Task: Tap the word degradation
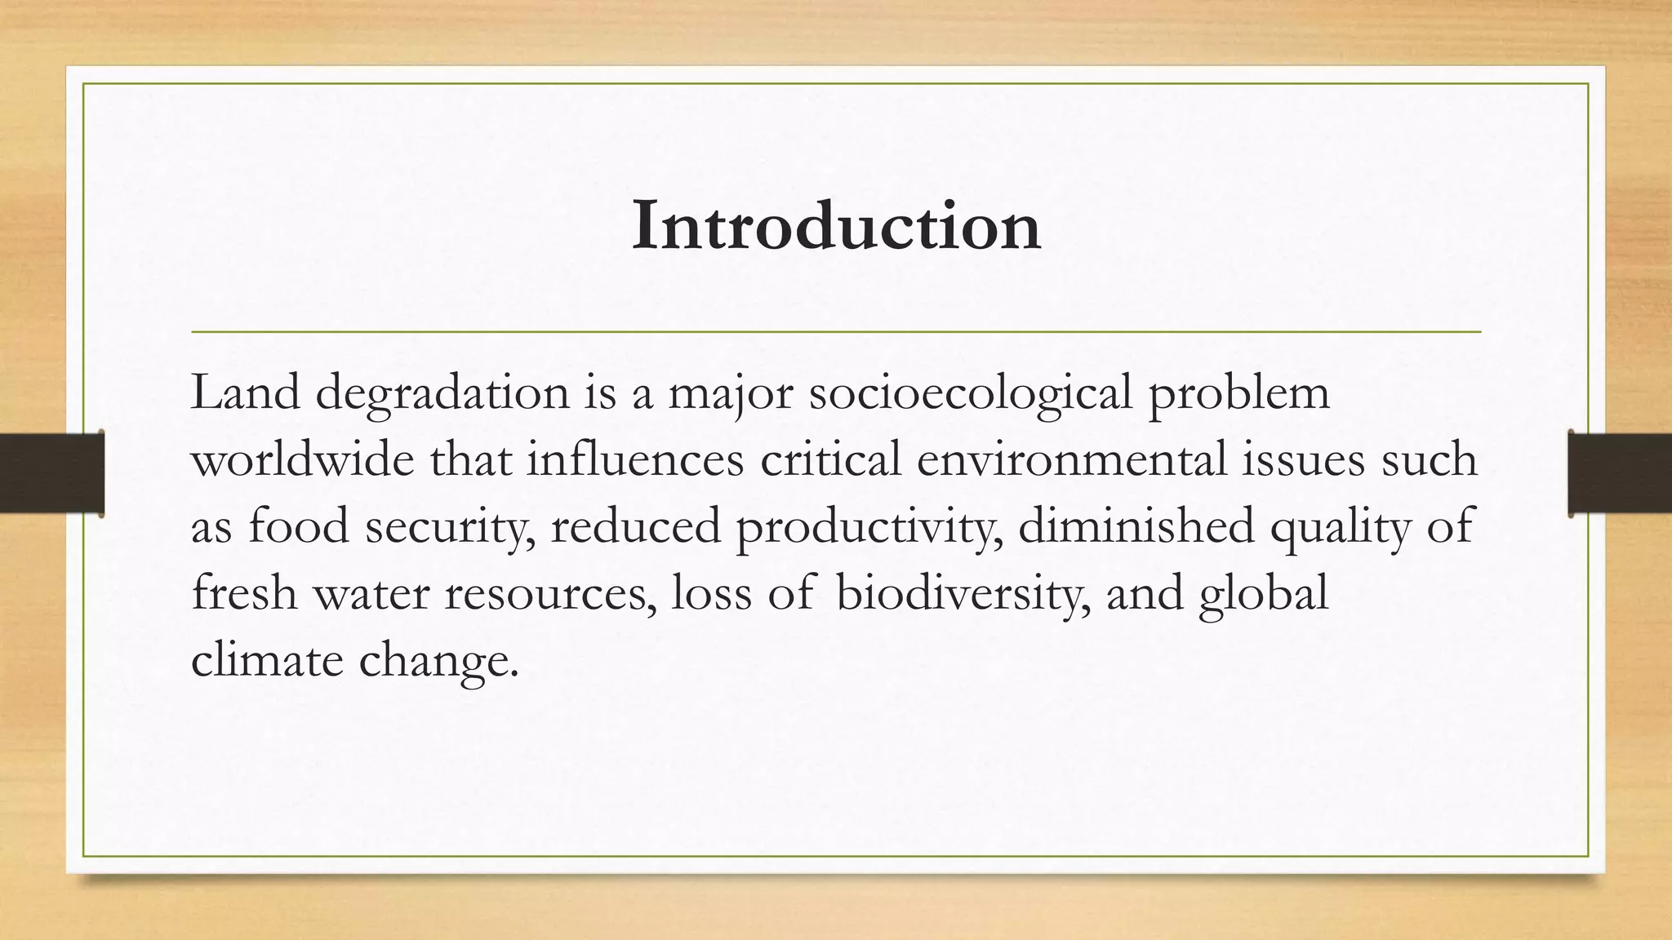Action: [442, 394]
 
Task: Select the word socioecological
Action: [971, 394]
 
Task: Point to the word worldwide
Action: [303, 460]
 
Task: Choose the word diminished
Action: [1136, 526]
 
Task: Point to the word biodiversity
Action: [963, 594]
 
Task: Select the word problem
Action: [1238, 394]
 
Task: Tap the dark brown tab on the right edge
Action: [1620, 473]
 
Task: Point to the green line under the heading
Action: [836, 332]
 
